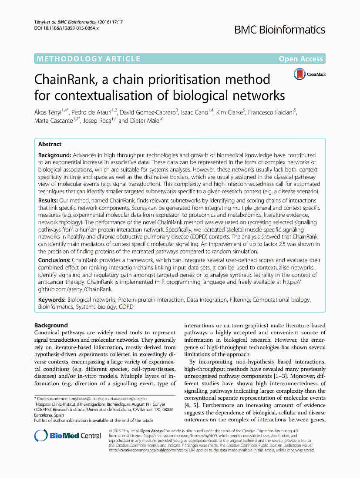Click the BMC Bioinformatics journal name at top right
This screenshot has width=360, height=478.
[x=279, y=30]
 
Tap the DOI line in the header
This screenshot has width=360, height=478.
[x=66, y=28]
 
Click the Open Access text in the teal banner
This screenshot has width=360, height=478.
[x=301, y=59]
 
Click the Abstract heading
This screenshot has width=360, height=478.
[x=50, y=144]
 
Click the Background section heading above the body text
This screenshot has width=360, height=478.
[x=51, y=325]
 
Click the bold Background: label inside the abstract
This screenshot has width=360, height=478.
[x=55, y=155]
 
